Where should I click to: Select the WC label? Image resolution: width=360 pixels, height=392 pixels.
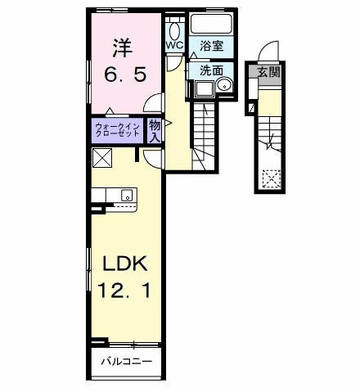click(174, 46)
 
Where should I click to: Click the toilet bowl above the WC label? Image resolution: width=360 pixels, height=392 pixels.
click(173, 28)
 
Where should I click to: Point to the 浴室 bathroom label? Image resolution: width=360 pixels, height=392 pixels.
click(211, 46)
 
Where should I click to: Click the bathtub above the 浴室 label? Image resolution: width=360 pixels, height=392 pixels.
click(212, 25)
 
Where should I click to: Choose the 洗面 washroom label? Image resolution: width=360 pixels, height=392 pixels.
click(210, 70)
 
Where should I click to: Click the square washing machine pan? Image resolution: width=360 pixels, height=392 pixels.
click(201, 89)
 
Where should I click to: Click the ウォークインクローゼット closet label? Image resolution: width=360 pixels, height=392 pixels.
click(117, 129)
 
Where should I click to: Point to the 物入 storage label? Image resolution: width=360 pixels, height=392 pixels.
click(155, 129)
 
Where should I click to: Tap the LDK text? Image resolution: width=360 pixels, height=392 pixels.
click(123, 263)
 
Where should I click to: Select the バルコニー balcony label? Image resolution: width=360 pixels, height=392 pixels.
click(124, 360)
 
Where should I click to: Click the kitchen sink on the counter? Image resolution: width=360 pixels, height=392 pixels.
click(127, 195)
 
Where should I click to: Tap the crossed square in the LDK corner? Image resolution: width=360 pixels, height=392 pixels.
click(102, 158)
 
